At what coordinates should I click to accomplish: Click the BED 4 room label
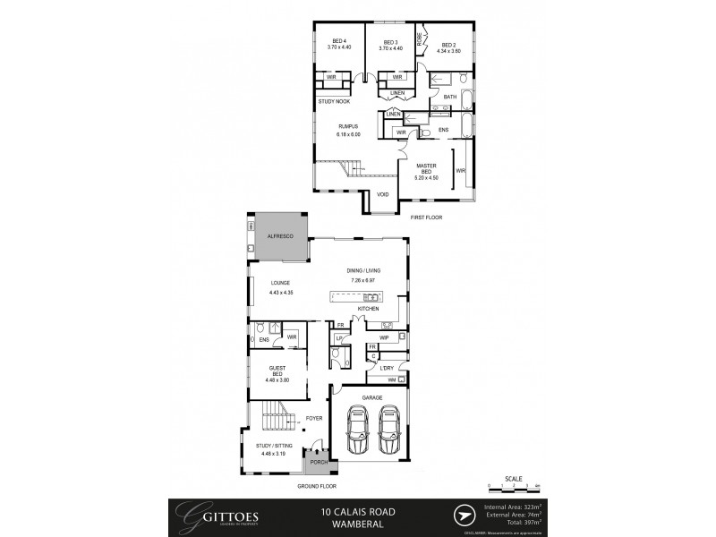[339, 41]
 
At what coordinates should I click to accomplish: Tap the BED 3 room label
[390, 41]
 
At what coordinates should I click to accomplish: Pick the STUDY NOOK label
[334, 101]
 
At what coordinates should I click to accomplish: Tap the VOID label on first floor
[382, 194]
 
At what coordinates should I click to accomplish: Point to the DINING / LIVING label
[364, 271]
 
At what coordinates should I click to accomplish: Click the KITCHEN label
[369, 309]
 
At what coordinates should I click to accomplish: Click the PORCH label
[317, 462]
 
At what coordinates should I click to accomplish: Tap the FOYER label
[314, 418]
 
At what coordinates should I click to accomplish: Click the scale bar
[514, 486]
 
